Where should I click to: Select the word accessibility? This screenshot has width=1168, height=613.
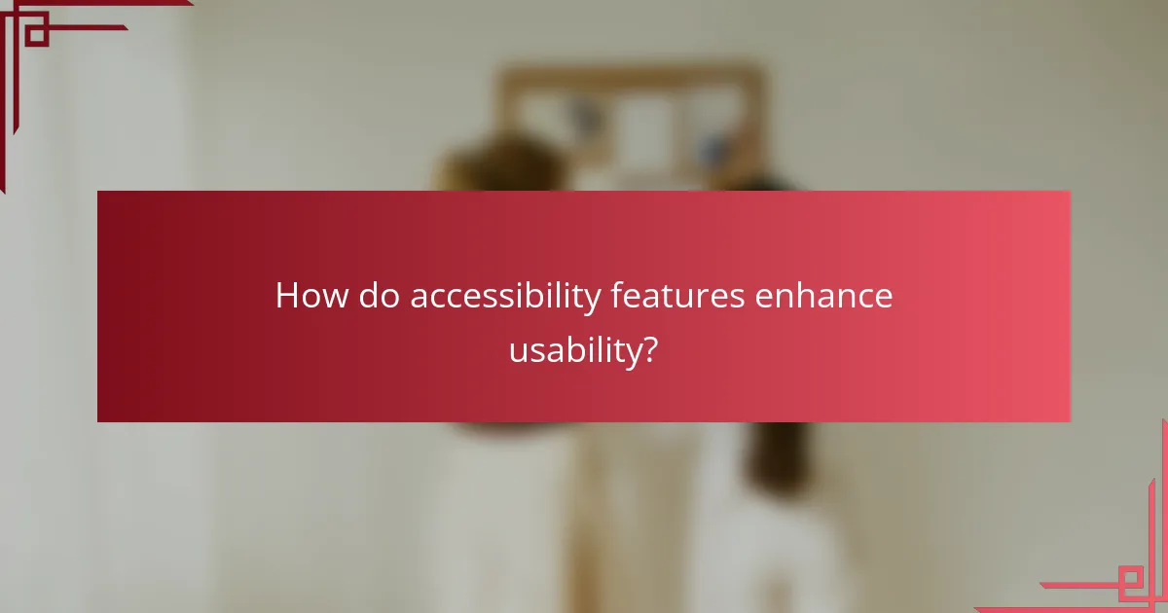click(505, 297)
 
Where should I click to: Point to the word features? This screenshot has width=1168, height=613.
click(678, 296)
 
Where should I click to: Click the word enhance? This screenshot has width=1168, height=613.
click(824, 296)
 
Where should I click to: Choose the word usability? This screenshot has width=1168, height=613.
click(575, 350)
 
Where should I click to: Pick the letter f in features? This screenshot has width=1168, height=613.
click(616, 295)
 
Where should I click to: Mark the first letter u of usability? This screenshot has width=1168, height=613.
click(517, 351)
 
